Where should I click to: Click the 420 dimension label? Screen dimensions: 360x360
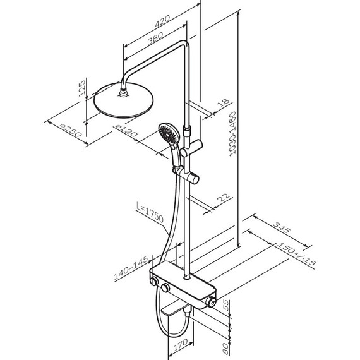(x=162, y=21)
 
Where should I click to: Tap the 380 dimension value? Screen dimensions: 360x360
(x=155, y=38)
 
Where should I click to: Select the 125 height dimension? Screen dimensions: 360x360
(x=82, y=88)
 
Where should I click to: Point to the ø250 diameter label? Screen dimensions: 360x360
(x=71, y=130)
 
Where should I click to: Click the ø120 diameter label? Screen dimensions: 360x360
(x=126, y=130)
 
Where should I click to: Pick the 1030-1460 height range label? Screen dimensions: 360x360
(x=232, y=134)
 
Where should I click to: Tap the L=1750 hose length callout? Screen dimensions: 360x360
(x=150, y=212)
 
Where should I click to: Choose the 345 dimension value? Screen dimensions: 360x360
(x=282, y=227)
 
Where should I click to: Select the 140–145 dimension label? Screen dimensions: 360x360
(x=131, y=268)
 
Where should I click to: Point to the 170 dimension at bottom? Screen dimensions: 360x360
(x=181, y=345)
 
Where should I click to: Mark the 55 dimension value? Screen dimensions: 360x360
(x=226, y=305)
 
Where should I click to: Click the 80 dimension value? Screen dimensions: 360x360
(x=226, y=349)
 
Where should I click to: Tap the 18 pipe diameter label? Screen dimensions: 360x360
(x=224, y=102)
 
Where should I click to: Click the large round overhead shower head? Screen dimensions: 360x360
(x=124, y=100)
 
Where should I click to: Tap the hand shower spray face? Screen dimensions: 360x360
(x=169, y=133)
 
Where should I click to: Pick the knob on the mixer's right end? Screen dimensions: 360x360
(x=211, y=301)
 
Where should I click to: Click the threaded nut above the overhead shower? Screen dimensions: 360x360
(x=124, y=93)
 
